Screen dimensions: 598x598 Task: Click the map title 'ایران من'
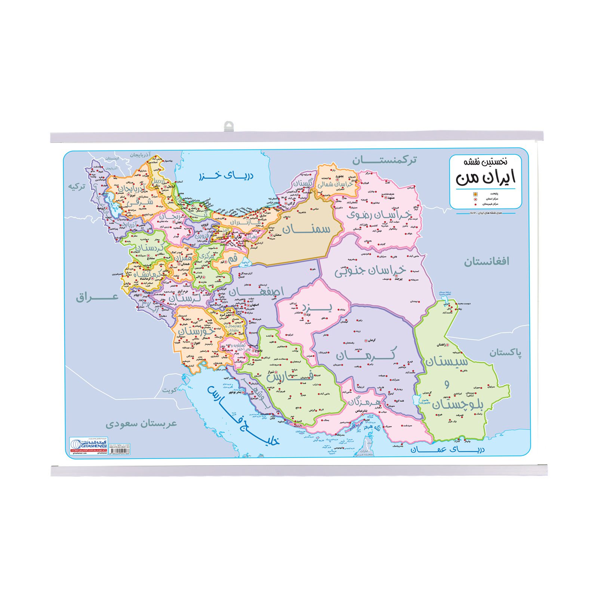pos(485,177)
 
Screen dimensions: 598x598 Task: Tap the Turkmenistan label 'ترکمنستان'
pos(384,161)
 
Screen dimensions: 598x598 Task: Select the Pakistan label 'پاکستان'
pos(505,352)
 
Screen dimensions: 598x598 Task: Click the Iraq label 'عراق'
pos(97,298)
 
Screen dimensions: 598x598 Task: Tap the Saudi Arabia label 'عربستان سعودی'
pos(141,424)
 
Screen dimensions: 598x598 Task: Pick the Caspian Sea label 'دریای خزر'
pos(226,175)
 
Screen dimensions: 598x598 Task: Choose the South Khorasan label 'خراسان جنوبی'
pos(370,270)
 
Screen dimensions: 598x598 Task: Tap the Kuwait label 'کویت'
pos(169,390)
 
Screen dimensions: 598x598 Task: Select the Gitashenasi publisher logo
pos(89,444)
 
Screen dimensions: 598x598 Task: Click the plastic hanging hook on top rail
pos(228,126)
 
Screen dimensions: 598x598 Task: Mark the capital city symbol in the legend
pos(475,194)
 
